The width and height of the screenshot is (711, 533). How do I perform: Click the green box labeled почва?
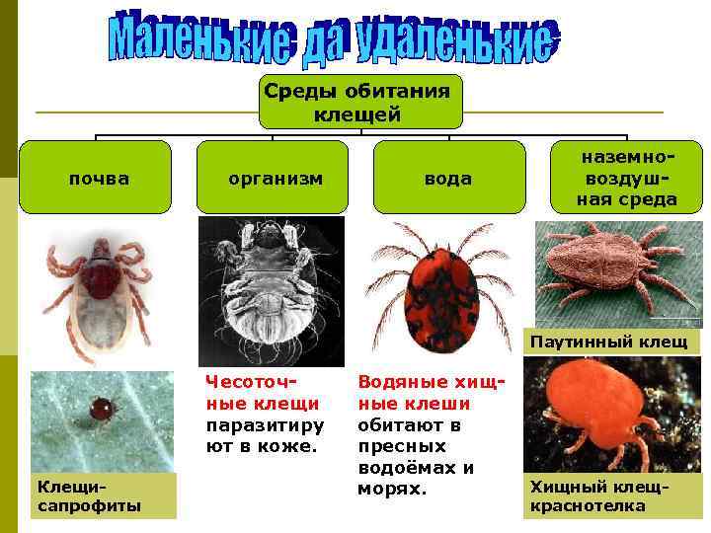99,178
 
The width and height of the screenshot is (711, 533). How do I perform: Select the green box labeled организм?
276,178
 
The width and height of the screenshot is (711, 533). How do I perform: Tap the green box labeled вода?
447,178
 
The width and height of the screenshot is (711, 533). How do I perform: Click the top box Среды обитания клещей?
360,102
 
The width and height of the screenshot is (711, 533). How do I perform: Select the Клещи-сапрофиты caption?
89,495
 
